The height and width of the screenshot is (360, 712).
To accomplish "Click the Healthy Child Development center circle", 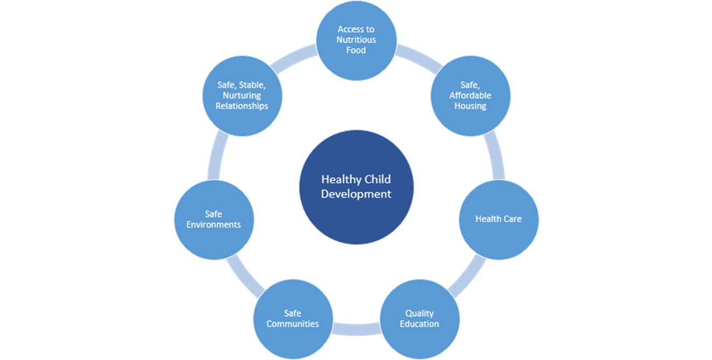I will pos(356,186).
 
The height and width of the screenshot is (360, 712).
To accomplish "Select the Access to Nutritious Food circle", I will pos(356,39).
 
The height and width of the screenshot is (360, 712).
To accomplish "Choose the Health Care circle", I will pos(498,219).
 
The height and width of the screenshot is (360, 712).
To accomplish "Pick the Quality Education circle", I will pos(419,319).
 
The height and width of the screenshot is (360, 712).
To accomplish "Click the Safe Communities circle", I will pos(293,319).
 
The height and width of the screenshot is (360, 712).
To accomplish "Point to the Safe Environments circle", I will pos(213,219).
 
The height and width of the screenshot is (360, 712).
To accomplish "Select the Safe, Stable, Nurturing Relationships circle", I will pos(242,96).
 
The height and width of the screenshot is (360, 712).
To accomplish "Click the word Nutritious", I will pos(356,40).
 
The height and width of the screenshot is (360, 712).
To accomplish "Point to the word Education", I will pos(419,324).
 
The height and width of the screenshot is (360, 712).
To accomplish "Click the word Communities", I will pos(293,324).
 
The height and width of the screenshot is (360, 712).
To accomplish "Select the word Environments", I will pos(213,224).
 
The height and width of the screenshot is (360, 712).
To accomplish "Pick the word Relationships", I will pos(242,106).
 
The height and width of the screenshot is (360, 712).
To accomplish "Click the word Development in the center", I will pos(356,194).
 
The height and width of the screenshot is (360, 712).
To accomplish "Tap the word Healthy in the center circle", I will pos(337,179).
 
